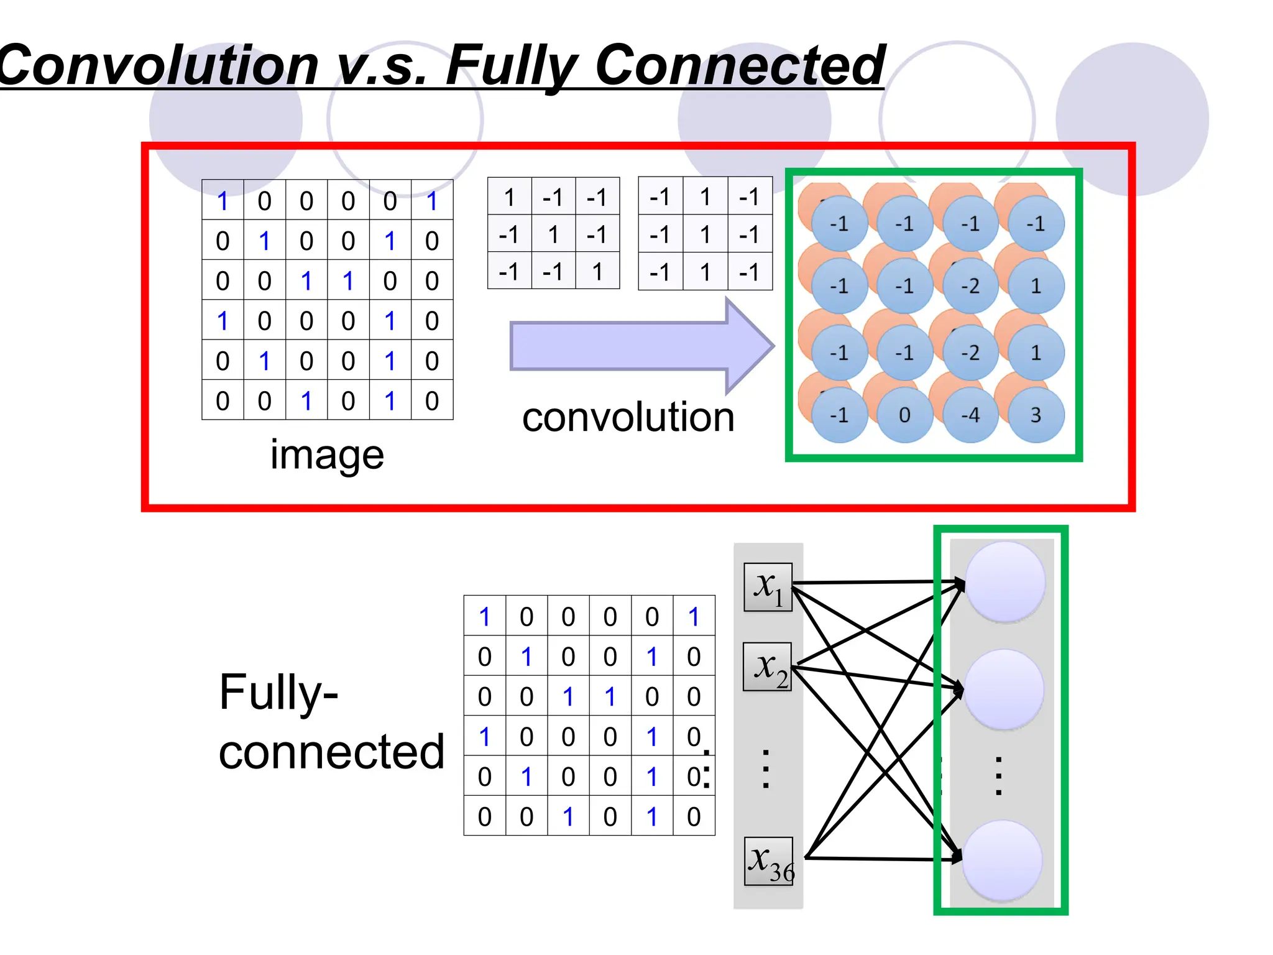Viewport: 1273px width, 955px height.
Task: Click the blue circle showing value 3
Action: coord(1036,415)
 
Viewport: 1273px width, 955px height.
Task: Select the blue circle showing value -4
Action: coord(970,415)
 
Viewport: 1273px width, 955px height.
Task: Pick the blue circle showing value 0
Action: coord(904,415)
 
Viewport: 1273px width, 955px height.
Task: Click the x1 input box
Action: coord(768,587)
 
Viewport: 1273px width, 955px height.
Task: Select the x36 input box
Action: coord(769,861)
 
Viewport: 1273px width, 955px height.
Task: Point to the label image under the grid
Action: coord(327,455)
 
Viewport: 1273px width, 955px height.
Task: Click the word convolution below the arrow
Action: coord(628,417)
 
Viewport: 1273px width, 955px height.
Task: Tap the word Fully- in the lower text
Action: coord(278,692)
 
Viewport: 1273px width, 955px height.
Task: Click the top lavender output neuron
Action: coord(1004,582)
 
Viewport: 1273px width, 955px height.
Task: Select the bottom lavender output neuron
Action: coord(1002,860)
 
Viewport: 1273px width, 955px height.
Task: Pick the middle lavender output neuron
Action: coord(1003,690)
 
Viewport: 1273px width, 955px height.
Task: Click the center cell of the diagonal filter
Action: coord(553,234)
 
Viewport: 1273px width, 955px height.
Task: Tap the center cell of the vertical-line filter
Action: coord(705,234)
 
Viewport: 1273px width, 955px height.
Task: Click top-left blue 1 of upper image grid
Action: coord(223,201)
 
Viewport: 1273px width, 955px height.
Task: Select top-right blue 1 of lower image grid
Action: coord(694,617)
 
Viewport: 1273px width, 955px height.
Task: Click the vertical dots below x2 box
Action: coord(766,770)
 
